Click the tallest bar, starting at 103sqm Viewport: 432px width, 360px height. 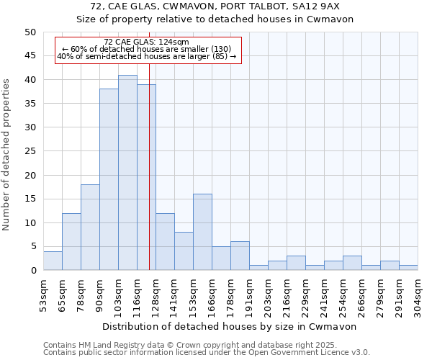tap(127, 173)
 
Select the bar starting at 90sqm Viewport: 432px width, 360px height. tap(109, 180)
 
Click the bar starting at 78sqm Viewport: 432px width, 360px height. tap(90, 228)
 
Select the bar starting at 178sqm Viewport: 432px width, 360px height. tap(240, 256)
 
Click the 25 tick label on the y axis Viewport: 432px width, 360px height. tap(30, 151)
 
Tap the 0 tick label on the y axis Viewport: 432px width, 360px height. tap(32, 271)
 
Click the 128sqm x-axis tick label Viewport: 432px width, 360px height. tap(156, 294)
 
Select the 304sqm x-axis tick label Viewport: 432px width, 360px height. tap(418, 294)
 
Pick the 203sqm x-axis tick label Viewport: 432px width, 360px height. tap(268, 294)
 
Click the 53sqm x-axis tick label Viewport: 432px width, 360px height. tap(43, 294)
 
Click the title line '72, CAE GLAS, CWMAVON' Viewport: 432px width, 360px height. tap(215, 6)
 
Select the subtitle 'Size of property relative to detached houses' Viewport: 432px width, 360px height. tap(215, 19)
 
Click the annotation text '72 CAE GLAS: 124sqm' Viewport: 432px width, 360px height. tap(146, 42)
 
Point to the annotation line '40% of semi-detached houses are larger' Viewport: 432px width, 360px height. tap(146, 57)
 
